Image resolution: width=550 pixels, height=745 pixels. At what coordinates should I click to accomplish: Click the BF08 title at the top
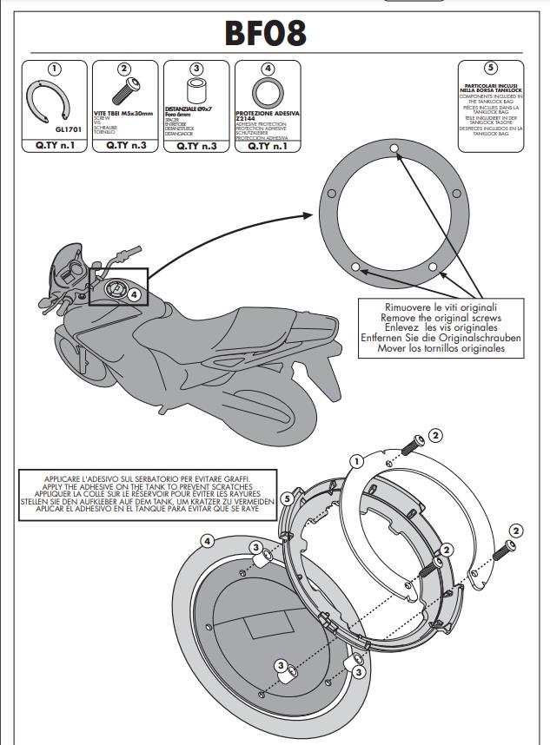(x=265, y=32)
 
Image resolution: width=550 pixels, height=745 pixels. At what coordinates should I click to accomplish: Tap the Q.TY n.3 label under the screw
(x=126, y=146)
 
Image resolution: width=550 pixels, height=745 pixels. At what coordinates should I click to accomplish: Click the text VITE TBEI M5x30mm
(x=124, y=114)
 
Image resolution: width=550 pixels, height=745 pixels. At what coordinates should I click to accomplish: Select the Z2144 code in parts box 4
(x=249, y=118)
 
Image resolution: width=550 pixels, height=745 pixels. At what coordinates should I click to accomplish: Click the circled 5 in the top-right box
(x=491, y=69)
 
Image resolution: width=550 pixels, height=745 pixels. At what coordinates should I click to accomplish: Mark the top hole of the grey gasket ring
(x=394, y=150)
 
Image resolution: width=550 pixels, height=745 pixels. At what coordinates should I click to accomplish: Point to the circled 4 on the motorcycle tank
(x=134, y=294)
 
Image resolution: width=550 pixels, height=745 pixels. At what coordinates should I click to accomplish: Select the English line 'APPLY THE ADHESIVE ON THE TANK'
(x=147, y=487)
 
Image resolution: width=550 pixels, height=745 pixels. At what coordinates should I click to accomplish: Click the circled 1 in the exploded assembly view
(x=356, y=461)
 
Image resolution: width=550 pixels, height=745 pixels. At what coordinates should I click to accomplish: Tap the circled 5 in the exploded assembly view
(x=288, y=499)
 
